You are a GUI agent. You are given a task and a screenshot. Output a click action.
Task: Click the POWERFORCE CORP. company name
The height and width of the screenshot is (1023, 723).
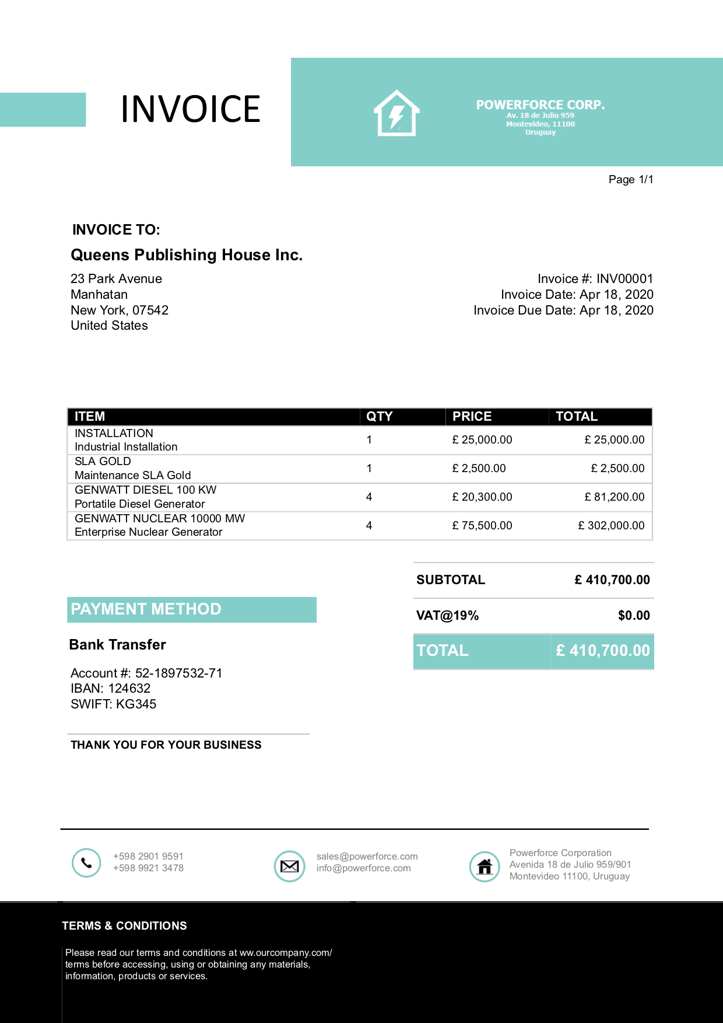point(540,105)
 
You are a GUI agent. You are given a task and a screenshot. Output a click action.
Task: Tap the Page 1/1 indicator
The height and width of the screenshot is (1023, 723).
point(630,180)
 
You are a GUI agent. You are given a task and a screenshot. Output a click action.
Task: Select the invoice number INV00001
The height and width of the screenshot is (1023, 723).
point(624,279)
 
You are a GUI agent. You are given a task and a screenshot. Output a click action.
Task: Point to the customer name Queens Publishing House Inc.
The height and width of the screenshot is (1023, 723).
point(187,255)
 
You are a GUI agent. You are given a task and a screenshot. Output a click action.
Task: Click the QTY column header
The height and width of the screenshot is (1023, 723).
point(379,417)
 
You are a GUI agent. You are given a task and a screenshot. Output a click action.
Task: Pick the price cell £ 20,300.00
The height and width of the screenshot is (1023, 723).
point(482,497)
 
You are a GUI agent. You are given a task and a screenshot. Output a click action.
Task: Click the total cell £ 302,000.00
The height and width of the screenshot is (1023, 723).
point(611,526)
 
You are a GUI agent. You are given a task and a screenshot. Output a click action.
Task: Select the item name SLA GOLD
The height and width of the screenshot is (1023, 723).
point(103,462)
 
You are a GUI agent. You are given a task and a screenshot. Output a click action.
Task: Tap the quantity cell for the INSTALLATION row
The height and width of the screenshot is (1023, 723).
point(369,440)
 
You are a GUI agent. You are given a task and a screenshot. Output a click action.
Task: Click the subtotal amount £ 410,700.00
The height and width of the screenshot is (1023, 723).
point(612,580)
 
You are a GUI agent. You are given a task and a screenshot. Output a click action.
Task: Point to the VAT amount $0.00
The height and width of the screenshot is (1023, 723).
point(634,616)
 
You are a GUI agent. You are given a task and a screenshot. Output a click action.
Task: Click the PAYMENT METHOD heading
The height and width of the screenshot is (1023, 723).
point(146,609)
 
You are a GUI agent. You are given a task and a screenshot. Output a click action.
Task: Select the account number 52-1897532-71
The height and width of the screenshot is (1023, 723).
point(178,673)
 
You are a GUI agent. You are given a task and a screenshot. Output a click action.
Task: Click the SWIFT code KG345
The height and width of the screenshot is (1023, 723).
point(135,704)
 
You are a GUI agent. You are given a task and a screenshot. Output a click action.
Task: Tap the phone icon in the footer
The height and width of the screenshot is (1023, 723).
point(86,863)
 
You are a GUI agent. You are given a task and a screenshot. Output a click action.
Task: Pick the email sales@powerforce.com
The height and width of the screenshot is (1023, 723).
point(367,857)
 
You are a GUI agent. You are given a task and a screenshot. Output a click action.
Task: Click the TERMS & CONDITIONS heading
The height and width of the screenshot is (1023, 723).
point(124,926)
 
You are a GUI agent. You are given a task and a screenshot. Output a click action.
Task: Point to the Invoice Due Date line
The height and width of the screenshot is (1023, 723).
point(563,310)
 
